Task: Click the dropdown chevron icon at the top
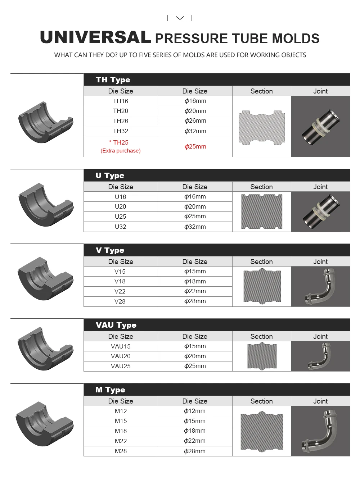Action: coord(180,18)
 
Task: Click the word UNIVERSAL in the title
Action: coord(95,37)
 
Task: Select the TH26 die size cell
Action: coord(121,121)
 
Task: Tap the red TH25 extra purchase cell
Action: coord(121,146)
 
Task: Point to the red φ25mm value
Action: coord(195,146)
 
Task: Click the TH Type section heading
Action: coord(113,80)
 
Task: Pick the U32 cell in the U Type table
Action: coord(121,227)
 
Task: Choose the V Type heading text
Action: coord(110,250)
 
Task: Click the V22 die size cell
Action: coord(120,291)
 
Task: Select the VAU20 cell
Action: coord(121,356)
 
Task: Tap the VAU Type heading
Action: coord(116,325)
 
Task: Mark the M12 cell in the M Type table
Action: coord(121,411)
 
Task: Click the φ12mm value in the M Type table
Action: coord(195,411)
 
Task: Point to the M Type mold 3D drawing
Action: coord(45,424)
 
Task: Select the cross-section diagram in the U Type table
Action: coord(262,211)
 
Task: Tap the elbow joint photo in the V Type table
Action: coord(320,287)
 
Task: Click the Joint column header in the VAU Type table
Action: coord(320,336)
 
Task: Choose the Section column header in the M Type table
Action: coord(262,401)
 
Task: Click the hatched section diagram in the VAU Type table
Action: coord(262,356)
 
